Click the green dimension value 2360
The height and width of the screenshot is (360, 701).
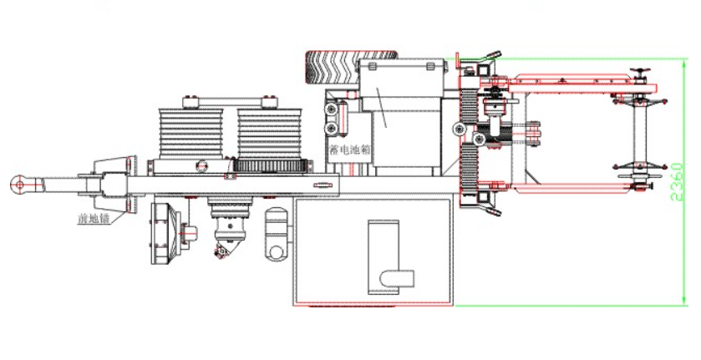pyautogui.click(x=678, y=182)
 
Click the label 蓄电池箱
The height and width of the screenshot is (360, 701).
pyautogui.click(x=350, y=150)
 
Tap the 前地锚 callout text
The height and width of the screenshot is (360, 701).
pyautogui.click(x=94, y=219)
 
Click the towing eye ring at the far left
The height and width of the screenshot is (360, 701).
pyautogui.click(x=18, y=184)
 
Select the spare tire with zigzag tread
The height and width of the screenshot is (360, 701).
pyautogui.click(x=352, y=66)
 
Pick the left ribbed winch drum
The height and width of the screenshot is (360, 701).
pyautogui.click(x=190, y=134)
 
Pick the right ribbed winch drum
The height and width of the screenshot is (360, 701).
pyautogui.click(x=270, y=134)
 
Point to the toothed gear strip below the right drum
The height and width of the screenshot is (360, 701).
pyautogui.click(x=271, y=166)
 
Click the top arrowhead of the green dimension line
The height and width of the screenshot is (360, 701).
pyautogui.click(x=683, y=63)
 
